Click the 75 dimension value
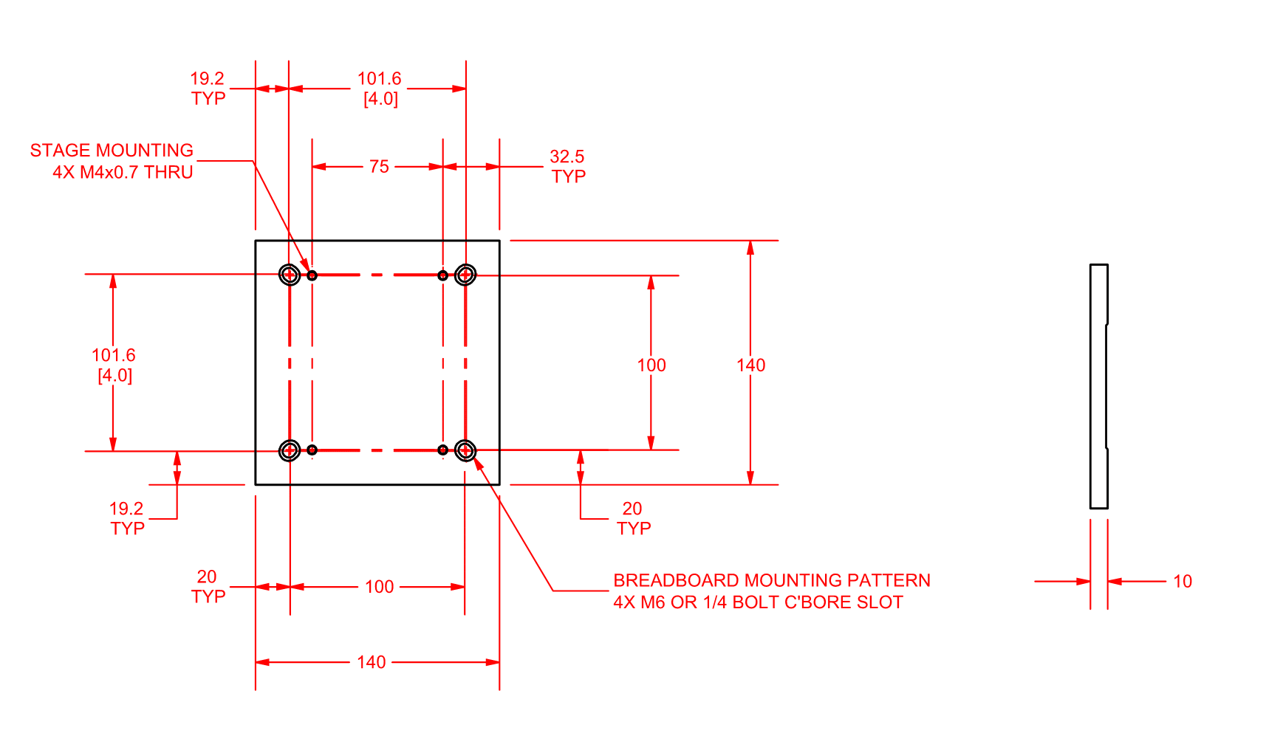(379, 167)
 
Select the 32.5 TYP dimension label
(567, 166)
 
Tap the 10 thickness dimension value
(1183, 582)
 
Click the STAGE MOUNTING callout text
(112, 151)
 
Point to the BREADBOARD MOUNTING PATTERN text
(772, 581)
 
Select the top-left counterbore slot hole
(290, 275)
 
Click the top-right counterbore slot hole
(465, 275)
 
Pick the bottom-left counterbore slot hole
(290, 450)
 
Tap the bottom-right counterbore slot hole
(465, 450)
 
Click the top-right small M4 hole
(442, 275)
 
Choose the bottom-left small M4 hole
(312, 450)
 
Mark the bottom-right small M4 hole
(442, 450)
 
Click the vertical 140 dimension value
(750, 365)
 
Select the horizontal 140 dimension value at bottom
(371, 662)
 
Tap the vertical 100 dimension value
(651, 365)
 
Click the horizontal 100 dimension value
(379, 587)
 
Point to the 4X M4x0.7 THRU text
(123, 173)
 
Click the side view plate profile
(1098, 386)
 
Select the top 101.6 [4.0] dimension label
(380, 89)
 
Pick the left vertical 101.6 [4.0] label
(114, 365)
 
